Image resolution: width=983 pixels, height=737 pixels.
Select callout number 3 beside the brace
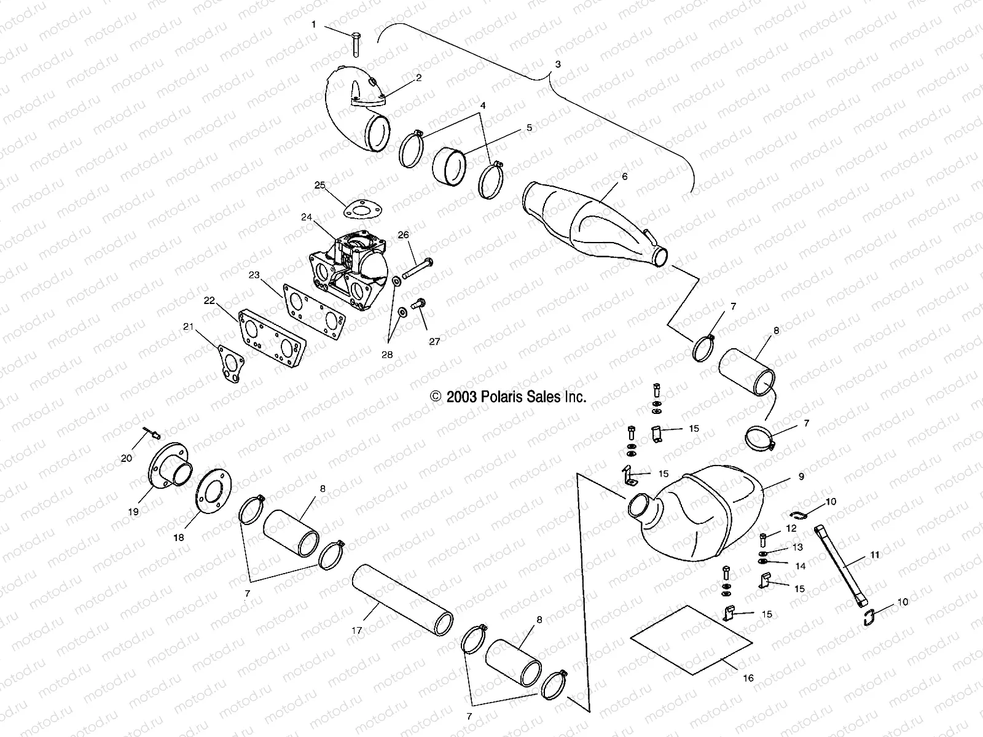pyautogui.click(x=557, y=64)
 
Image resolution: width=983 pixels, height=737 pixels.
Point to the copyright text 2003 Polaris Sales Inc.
pyautogui.click(x=508, y=397)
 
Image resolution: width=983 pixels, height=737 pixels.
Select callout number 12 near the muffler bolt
pyautogui.click(x=791, y=528)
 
